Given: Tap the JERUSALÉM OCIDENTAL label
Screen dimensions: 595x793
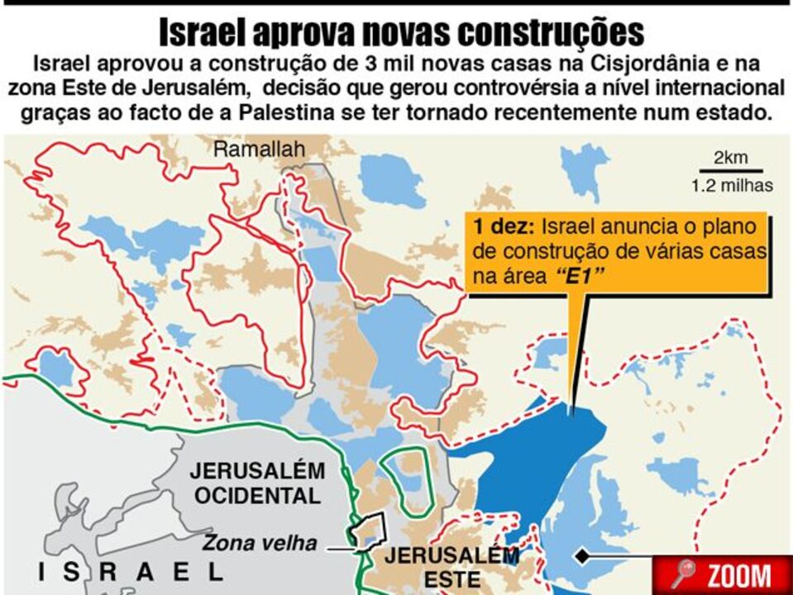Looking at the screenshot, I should coord(257,483).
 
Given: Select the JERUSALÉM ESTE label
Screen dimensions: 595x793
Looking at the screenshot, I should coord(451,566).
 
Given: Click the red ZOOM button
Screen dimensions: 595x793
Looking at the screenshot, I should coord(723,575).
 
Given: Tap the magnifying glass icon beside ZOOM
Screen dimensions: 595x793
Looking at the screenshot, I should coord(683,574).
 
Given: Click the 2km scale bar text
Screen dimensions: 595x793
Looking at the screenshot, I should coord(731,158).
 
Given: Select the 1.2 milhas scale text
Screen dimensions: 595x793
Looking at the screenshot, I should coord(732,186).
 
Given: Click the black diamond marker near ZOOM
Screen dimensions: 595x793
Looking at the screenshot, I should coord(583,555).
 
